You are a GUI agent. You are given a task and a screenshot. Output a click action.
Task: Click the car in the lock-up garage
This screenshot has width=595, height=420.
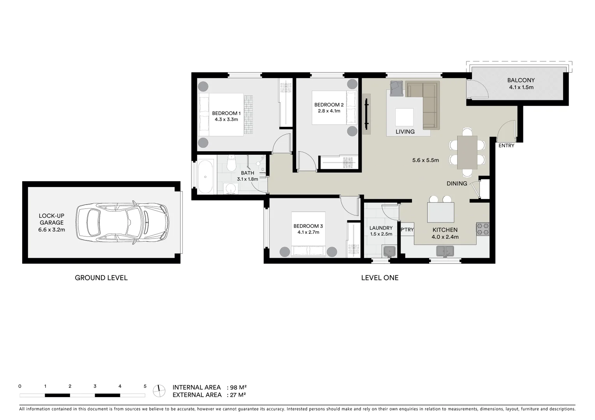[122, 222]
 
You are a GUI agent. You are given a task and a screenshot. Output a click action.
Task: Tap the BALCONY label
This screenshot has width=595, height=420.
[521, 80]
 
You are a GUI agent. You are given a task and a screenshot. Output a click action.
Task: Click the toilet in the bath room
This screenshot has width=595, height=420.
[231, 163]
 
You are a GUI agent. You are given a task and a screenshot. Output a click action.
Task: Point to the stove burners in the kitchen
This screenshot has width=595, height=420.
[483, 229]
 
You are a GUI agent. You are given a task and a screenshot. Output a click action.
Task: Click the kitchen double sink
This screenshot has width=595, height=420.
[445, 251]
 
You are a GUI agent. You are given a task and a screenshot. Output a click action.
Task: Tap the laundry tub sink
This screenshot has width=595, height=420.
[389, 252]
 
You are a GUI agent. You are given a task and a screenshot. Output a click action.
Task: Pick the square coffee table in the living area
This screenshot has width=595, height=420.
[404, 117]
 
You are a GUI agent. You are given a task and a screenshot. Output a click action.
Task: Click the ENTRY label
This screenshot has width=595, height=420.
[506, 146]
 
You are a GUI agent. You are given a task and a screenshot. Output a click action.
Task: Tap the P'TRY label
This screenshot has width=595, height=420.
[407, 230]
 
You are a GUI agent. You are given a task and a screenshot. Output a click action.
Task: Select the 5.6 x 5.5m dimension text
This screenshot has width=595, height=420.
[426, 160]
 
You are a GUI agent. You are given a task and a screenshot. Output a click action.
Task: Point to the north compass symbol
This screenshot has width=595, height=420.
[158, 390]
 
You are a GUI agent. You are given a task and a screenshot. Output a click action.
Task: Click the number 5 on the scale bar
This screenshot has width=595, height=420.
[145, 387]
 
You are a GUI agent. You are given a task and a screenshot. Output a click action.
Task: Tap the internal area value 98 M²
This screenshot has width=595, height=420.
[238, 387]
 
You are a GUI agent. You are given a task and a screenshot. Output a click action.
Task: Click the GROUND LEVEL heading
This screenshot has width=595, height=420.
[101, 278]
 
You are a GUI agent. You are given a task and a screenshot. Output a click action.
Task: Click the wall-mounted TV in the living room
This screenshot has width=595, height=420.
[366, 114]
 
